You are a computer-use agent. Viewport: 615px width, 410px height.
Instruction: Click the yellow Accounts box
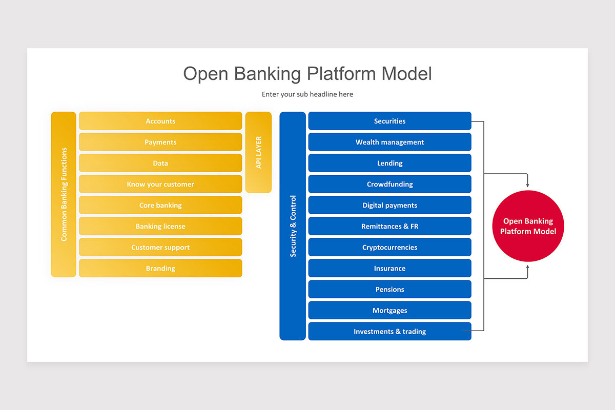coord(160,121)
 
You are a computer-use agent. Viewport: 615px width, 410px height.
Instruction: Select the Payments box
coord(160,142)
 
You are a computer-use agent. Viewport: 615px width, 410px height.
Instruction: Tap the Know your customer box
coord(160,184)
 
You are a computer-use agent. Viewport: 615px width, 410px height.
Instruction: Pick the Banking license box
coord(160,226)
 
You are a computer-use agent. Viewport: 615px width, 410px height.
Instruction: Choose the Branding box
coord(160,268)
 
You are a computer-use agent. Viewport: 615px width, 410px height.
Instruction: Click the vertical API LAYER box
coord(258,152)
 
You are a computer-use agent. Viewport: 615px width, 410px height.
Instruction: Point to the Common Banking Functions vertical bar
coord(64,194)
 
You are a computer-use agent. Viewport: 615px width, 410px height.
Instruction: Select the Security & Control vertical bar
coord(293,225)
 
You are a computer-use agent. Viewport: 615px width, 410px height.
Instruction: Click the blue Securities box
coord(389,121)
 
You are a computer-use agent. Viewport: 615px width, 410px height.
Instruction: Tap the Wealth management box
coord(389,142)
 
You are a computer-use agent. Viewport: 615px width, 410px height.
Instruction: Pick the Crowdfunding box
coord(389,184)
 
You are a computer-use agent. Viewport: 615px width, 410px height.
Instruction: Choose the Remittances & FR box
coord(389,226)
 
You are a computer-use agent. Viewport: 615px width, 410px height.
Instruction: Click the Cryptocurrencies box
coord(389,247)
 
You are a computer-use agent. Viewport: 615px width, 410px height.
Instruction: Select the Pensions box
coord(389,289)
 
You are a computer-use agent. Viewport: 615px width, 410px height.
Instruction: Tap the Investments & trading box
coord(389,331)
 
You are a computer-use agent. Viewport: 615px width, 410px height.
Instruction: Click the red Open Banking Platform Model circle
coord(528,226)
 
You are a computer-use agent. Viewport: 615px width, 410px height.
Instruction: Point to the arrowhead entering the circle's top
coord(528,184)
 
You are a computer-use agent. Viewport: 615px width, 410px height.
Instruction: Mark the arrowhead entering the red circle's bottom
coord(528,268)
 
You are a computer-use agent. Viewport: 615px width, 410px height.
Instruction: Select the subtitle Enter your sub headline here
coord(307,94)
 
